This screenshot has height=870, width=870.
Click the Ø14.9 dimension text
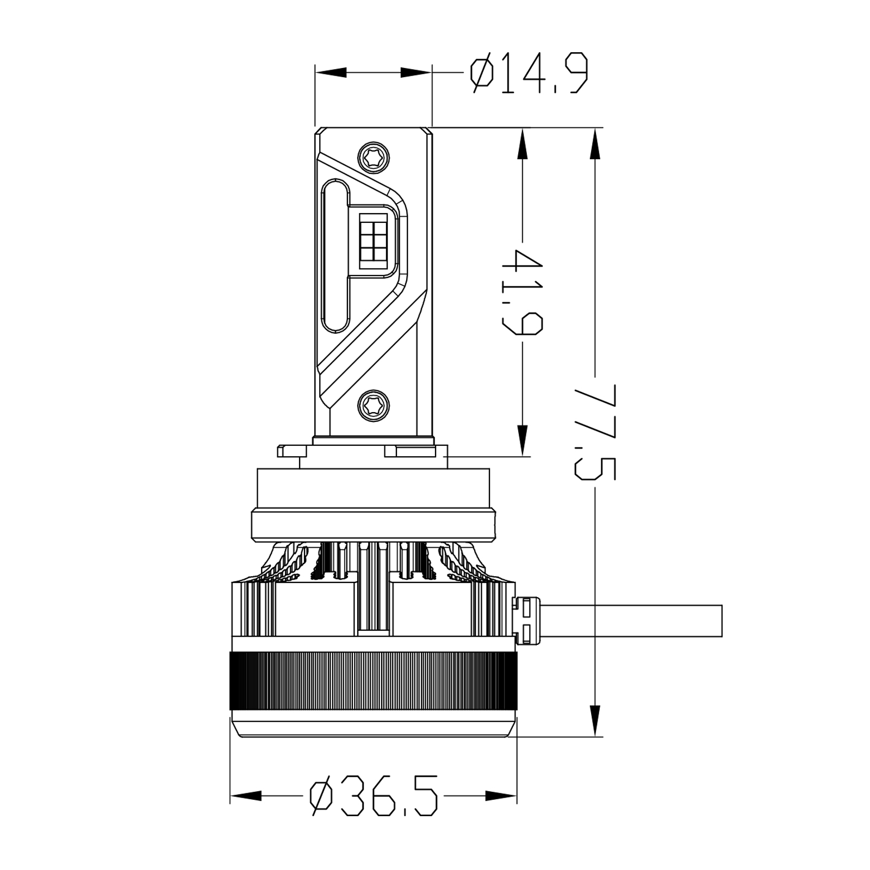529,73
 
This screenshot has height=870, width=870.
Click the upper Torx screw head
374,157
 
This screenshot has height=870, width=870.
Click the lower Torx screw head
374,404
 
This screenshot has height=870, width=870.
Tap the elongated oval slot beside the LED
335,256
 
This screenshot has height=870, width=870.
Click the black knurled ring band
373,681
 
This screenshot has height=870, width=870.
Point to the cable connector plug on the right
527,620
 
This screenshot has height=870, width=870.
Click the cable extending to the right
631,620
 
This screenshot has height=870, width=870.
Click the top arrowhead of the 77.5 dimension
595,144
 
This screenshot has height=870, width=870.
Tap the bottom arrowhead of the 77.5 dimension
595,720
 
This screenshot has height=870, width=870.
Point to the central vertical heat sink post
373,590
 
